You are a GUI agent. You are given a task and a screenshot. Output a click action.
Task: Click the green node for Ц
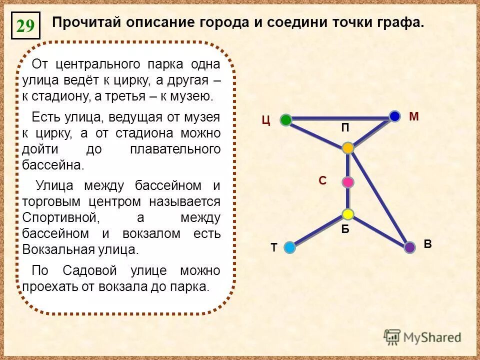(x=286, y=119)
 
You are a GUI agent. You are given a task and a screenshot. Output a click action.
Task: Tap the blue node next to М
(x=395, y=116)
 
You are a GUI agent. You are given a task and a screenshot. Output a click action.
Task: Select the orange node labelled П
(x=348, y=147)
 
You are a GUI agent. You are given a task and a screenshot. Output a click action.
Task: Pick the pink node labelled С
(x=348, y=182)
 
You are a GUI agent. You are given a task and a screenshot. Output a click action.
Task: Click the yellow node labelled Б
(x=348, y=214)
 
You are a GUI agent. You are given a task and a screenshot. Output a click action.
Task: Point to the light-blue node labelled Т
(x=289, y=246)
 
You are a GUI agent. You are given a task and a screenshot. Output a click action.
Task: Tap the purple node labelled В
(x=410, y=247)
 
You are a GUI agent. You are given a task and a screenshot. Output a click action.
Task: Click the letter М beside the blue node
(x=413, y=116)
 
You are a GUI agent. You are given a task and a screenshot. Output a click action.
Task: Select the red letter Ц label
(x=266, y=120)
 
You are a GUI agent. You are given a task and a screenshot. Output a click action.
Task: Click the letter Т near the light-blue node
(x=273, y=247)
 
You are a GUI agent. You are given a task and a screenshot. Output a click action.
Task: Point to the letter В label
(x=427, y=244)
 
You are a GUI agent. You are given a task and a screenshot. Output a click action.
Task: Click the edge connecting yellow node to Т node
(x=319, y=230)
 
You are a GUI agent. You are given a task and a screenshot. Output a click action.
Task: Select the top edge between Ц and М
(x=340, y=118)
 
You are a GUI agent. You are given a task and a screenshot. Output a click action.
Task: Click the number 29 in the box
(x=25, y=26)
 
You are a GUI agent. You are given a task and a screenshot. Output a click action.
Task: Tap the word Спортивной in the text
(x=58, y=218)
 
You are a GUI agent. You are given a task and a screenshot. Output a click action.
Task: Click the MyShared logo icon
(x=392, y=337)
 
